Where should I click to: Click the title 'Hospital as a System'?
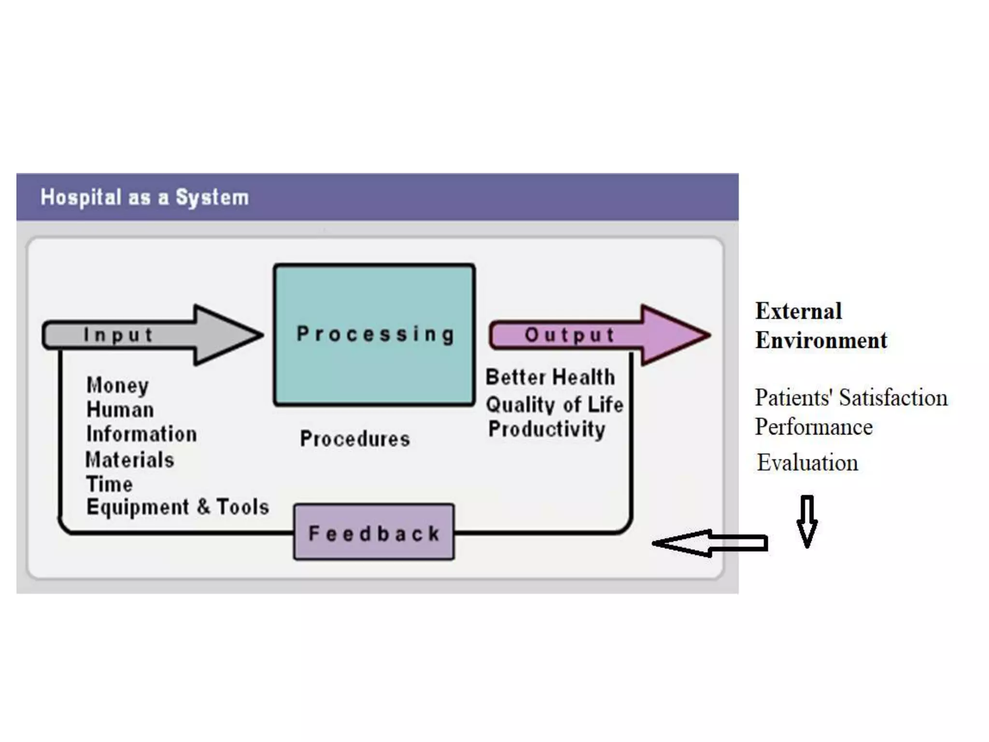(x=144, y=198)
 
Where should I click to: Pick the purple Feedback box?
(x=374, y=532)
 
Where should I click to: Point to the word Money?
(x=117, y=385)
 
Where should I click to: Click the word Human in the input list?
(x=120, y=410)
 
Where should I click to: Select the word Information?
(x=141, y=434)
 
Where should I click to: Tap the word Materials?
(x=130, y=460)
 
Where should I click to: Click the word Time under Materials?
(x=109, y=484)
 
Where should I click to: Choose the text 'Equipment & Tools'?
(x=178, y=507)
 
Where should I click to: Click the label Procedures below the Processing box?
(x=355, y=439)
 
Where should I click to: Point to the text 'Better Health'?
(x=550, y=377)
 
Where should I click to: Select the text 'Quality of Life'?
(x=554, y=405)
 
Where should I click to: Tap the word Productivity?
(x=547, y=429)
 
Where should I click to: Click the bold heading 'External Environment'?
(x=821, y=326)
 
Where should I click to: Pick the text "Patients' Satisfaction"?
(x=851, y=398)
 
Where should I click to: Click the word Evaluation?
(x=807, y=463)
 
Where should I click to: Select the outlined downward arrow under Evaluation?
(x=807, y=521)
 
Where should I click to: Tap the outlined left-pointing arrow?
(x=710, y=543)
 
